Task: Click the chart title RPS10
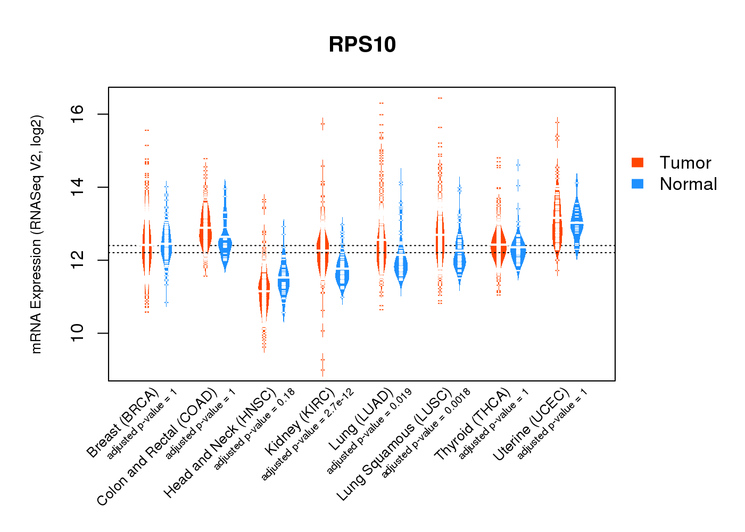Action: click(x=362, y=45)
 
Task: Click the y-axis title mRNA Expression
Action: click(x=36, y=234)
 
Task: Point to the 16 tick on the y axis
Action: click(x=77, y=111)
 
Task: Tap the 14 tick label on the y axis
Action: click(x=77, y=187)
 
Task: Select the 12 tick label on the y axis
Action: click(x=77, y=260)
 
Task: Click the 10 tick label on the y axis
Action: click(x=77, y=333)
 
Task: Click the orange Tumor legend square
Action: click(x=638, y=162)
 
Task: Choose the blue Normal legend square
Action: click(x=638, y=184)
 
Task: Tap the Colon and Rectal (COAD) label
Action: click(x=157, y=447)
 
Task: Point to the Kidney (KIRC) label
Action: click(x=300, y=421)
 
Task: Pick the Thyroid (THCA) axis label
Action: click(x=473, y=424)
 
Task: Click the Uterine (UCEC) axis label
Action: click(x=531, y=425)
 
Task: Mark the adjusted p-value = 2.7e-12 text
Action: click(x=308, y=435)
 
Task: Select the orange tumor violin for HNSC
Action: click(x=264, y=298)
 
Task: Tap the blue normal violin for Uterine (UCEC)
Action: click(x=576, y=221)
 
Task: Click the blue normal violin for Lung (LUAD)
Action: click(x=401, y=263)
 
